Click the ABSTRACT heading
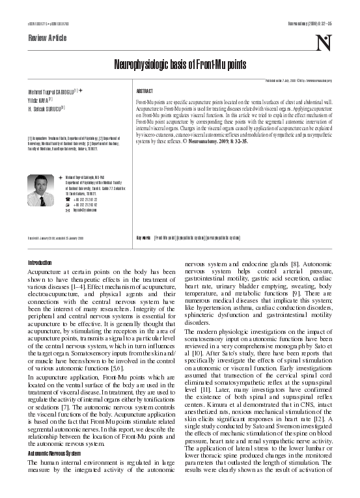145,92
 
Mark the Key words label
143,238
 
